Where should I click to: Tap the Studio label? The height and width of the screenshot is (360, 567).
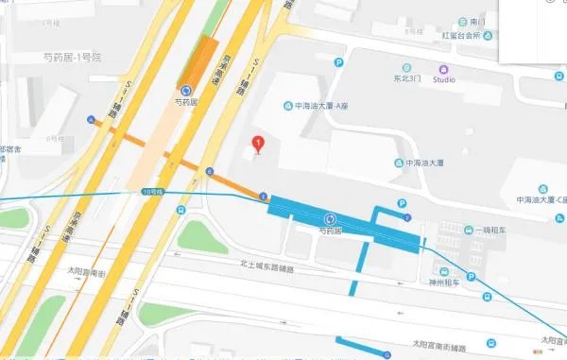tap(444, 79)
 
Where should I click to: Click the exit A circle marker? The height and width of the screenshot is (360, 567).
tap(91, 120)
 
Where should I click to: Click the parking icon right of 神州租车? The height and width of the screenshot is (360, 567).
tap(469, 279)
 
